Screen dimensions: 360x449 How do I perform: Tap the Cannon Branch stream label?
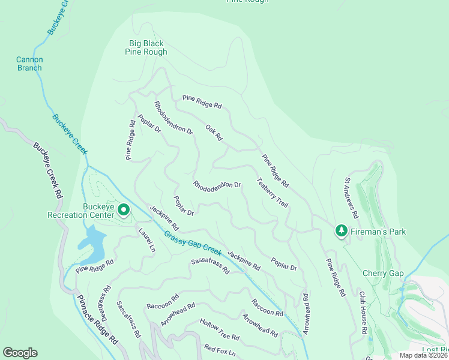pyautogui.click(x=29, y=64)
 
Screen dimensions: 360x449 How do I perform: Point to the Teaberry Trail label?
pyautogui.click(x=272, y=193)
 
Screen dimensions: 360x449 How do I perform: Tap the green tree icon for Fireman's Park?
pyautogui.click(x=341, y=231)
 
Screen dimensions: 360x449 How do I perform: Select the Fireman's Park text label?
pyautogui.click(x=378, y=232)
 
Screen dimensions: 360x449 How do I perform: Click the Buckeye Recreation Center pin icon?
pyautogui.click(x=124, y=210)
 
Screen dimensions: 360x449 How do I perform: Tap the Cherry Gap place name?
pyautogui.click(x=383, y=273)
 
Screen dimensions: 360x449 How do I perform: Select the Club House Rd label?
pyautogui.click(x=363, y=313)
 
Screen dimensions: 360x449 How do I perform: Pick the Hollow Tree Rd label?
pyautogui.click(x=220, y=328)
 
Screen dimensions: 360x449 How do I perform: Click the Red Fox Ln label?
pyautogui.click(x=220, y=349)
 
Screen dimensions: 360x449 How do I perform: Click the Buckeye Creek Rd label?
pyautogui.click(x=47, y=171)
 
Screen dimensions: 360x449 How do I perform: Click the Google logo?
pyautogui.click(x=20, y=353)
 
